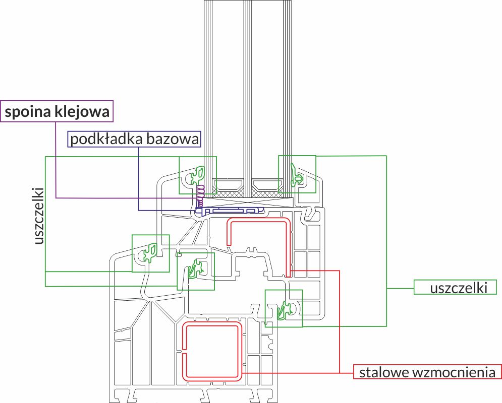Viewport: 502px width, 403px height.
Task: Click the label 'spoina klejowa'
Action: (x=57, y=112)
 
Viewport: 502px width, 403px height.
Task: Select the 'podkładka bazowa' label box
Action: (x=134, y=139)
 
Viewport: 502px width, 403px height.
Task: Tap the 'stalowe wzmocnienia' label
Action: (x=427, y=373)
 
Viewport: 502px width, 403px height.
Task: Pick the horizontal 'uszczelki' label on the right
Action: (x=458, y=288)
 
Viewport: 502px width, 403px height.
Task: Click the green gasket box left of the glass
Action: (x=198, y=175)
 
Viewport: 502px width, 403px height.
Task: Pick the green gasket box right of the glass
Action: (x=297, y=174)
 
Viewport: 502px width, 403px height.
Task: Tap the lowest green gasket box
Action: (x=284, y=308)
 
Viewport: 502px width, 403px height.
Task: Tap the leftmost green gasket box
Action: (x=150, y=253)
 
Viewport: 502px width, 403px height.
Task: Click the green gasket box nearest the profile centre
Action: (x=195, y=271)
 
